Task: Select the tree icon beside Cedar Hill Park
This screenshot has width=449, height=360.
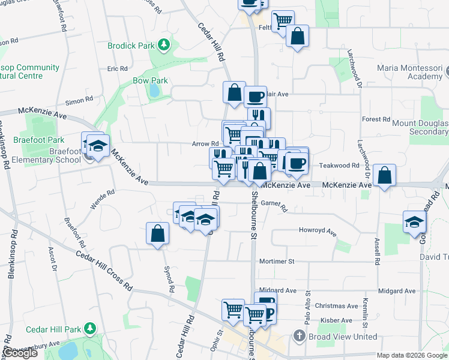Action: tap(90, 329)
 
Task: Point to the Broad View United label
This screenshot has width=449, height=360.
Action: tap(343, 337)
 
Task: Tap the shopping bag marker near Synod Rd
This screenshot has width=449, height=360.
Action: tap(157, 233)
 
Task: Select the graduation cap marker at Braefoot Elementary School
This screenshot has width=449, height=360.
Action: tap(96, 145)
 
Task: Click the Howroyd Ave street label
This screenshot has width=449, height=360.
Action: tap(318, 230)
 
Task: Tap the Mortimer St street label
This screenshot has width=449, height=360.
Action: tap(277, 262)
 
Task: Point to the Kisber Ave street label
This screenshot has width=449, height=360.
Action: tap(335, 320)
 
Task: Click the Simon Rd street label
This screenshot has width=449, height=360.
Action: tap(79, 101)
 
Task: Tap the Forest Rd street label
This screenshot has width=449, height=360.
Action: tap(377, 119)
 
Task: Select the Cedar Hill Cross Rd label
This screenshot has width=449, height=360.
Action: tap(103, 271)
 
